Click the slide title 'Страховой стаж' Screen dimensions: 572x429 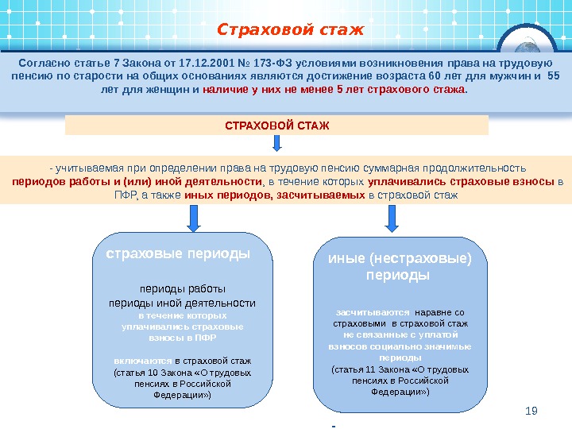click(x=290, y=30)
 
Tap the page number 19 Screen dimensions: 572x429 click(x=532, y=410)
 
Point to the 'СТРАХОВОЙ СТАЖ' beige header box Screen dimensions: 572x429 click(x=276, y=126)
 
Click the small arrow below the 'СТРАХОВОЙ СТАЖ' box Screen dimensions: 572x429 click(x=277, y=144)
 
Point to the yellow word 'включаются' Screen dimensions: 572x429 click(x=142, y=360)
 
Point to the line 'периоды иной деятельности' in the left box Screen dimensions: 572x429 click(x=182, y=303)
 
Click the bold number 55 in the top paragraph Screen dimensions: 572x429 click(x=554, y=76)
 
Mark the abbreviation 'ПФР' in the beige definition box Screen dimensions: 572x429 click(x=126, y=194)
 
